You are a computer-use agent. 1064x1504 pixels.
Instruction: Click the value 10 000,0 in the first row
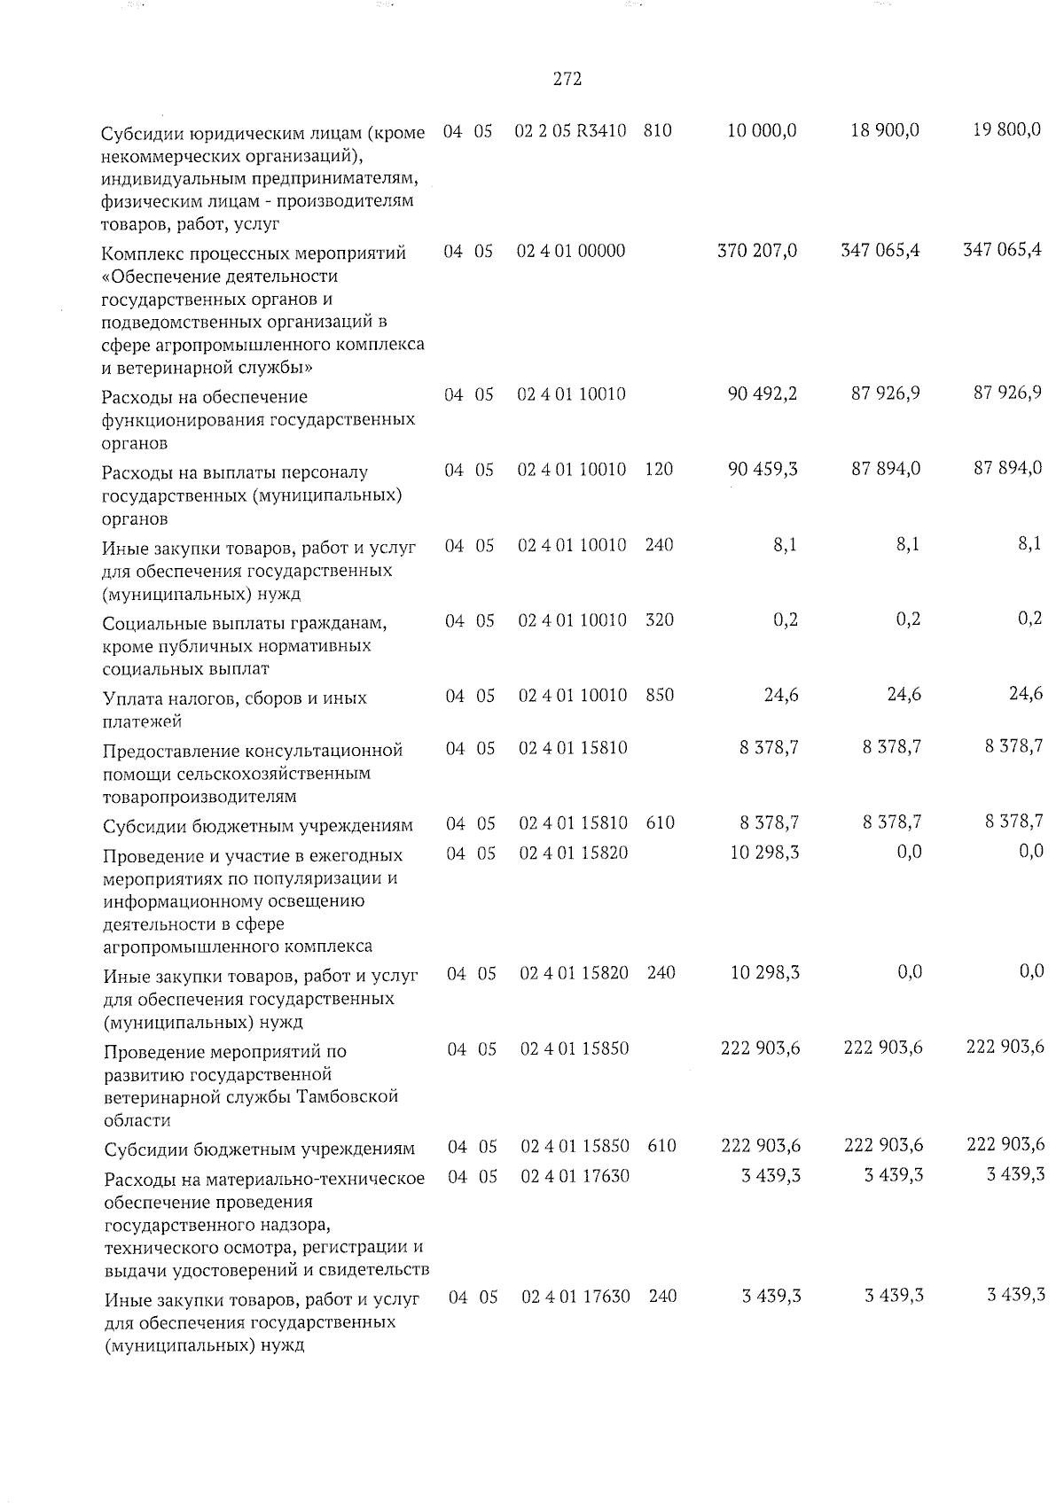point(762,130)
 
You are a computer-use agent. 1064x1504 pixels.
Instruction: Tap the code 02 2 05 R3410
point(571,131)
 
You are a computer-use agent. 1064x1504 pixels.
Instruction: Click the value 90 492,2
point(762,394)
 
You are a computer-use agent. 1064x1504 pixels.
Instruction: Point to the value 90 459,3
point(762,469)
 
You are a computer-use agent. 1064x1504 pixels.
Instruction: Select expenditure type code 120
point(659,469)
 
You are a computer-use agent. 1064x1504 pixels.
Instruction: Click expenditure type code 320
point(660,620)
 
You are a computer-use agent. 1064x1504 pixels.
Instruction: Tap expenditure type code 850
point(660,696)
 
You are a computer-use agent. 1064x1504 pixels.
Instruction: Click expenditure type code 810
point(658,131)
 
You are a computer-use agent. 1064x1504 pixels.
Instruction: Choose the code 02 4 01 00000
point(571,252)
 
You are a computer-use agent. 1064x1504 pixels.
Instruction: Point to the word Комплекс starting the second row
point(139,253)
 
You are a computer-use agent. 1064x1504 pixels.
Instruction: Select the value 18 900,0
point(884,130)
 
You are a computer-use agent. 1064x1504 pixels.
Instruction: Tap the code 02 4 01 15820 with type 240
point(575,973)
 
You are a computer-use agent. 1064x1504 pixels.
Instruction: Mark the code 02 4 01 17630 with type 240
point(575,1297)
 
